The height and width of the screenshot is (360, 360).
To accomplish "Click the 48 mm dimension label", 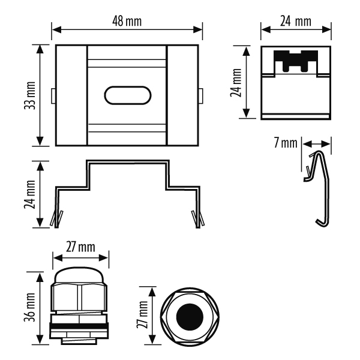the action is (127, 22).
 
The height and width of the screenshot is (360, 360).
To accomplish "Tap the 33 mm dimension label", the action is (30, 95).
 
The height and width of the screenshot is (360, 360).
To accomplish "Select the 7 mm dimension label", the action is (286, 143).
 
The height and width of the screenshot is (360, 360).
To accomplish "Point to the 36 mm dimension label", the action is (30, 307).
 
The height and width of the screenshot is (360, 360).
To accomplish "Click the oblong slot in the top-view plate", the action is (128, 95).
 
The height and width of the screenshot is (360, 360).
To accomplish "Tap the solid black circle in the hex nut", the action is (190, 317).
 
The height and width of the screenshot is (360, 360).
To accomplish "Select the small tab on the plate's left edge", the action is (53, 96).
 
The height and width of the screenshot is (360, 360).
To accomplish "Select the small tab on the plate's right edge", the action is (200, 96).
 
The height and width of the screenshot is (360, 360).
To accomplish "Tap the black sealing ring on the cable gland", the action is (79, 326).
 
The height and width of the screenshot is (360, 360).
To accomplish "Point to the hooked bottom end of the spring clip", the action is (322, 223).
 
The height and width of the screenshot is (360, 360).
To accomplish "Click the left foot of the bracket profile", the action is (56, 219).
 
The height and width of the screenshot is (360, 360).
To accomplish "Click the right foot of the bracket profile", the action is (198, 219).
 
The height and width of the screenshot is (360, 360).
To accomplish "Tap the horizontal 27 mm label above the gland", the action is (80, 247).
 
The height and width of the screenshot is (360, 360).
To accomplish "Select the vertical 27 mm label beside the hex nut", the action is (143, 314).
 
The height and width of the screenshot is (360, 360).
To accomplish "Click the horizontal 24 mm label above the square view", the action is (296, 22).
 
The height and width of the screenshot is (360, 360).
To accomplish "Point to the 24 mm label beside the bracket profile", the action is (30, 194).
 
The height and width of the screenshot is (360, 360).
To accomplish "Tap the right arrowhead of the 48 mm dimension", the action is (197, 29).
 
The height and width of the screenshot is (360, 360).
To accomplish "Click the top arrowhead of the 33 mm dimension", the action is (40, 50).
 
